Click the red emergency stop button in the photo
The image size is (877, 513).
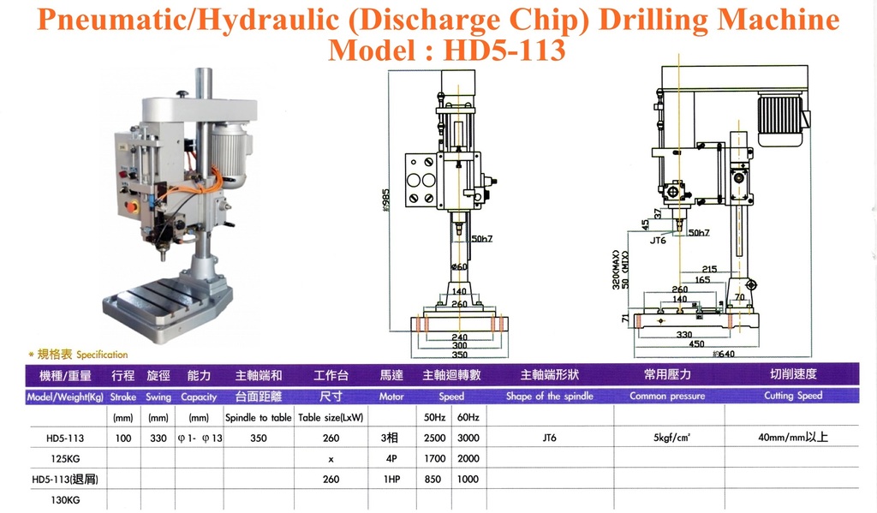[132, 207]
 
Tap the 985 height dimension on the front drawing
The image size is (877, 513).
[385, 200]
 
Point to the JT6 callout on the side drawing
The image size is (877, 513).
[658, 241]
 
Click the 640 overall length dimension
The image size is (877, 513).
[725, 354]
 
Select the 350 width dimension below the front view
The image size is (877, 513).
[459, 354]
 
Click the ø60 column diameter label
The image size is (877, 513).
[459, 267]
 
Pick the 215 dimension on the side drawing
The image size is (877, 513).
[709, 269]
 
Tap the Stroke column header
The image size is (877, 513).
[123, 397]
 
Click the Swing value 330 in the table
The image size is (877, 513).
[158, 438]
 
